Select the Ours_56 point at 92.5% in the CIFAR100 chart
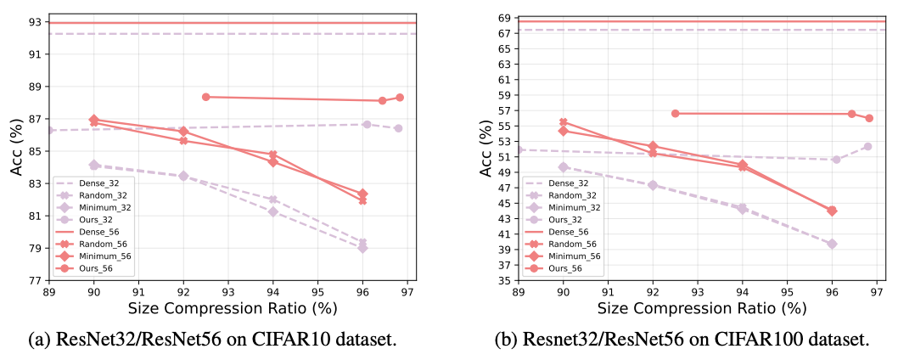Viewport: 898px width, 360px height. [676, 113]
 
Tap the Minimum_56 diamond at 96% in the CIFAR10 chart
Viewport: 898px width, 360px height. [362, 194]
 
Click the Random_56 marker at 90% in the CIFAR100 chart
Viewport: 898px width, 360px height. [564, 122]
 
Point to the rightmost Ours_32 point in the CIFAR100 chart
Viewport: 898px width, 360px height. [868, 146]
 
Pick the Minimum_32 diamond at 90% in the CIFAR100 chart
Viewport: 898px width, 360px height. [564, 167]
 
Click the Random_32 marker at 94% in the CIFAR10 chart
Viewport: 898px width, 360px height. [272, 200]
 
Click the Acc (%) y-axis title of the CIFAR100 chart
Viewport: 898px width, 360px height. [485, 148]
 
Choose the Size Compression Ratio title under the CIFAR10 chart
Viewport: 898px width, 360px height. [227, 307]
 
